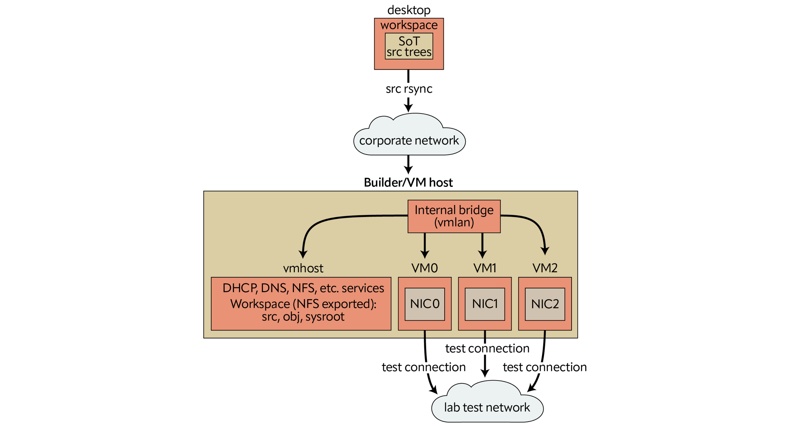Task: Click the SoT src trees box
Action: click(409, 46)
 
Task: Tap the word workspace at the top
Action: click(409, 25)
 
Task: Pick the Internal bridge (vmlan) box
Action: click(454, 216)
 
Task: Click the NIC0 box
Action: click(425, 304)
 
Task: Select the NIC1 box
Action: click(485, 304)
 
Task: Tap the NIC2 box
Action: click(545, 304)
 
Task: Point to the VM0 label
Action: click(424, 268)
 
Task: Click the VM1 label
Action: click(485, 268)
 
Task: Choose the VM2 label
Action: click(545, 268)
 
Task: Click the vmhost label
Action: click(303, 268)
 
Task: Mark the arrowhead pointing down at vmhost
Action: click(303, 254)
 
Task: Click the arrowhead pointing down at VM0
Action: click(425, 254)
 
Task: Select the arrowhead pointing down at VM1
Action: click(482, 254)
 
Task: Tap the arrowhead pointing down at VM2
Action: click(545, 251)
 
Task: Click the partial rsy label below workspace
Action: click(410, 89)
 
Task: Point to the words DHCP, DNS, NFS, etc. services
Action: click(303, 288)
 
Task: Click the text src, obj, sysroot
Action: click(303, 317)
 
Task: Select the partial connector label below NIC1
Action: click(487, 349)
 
